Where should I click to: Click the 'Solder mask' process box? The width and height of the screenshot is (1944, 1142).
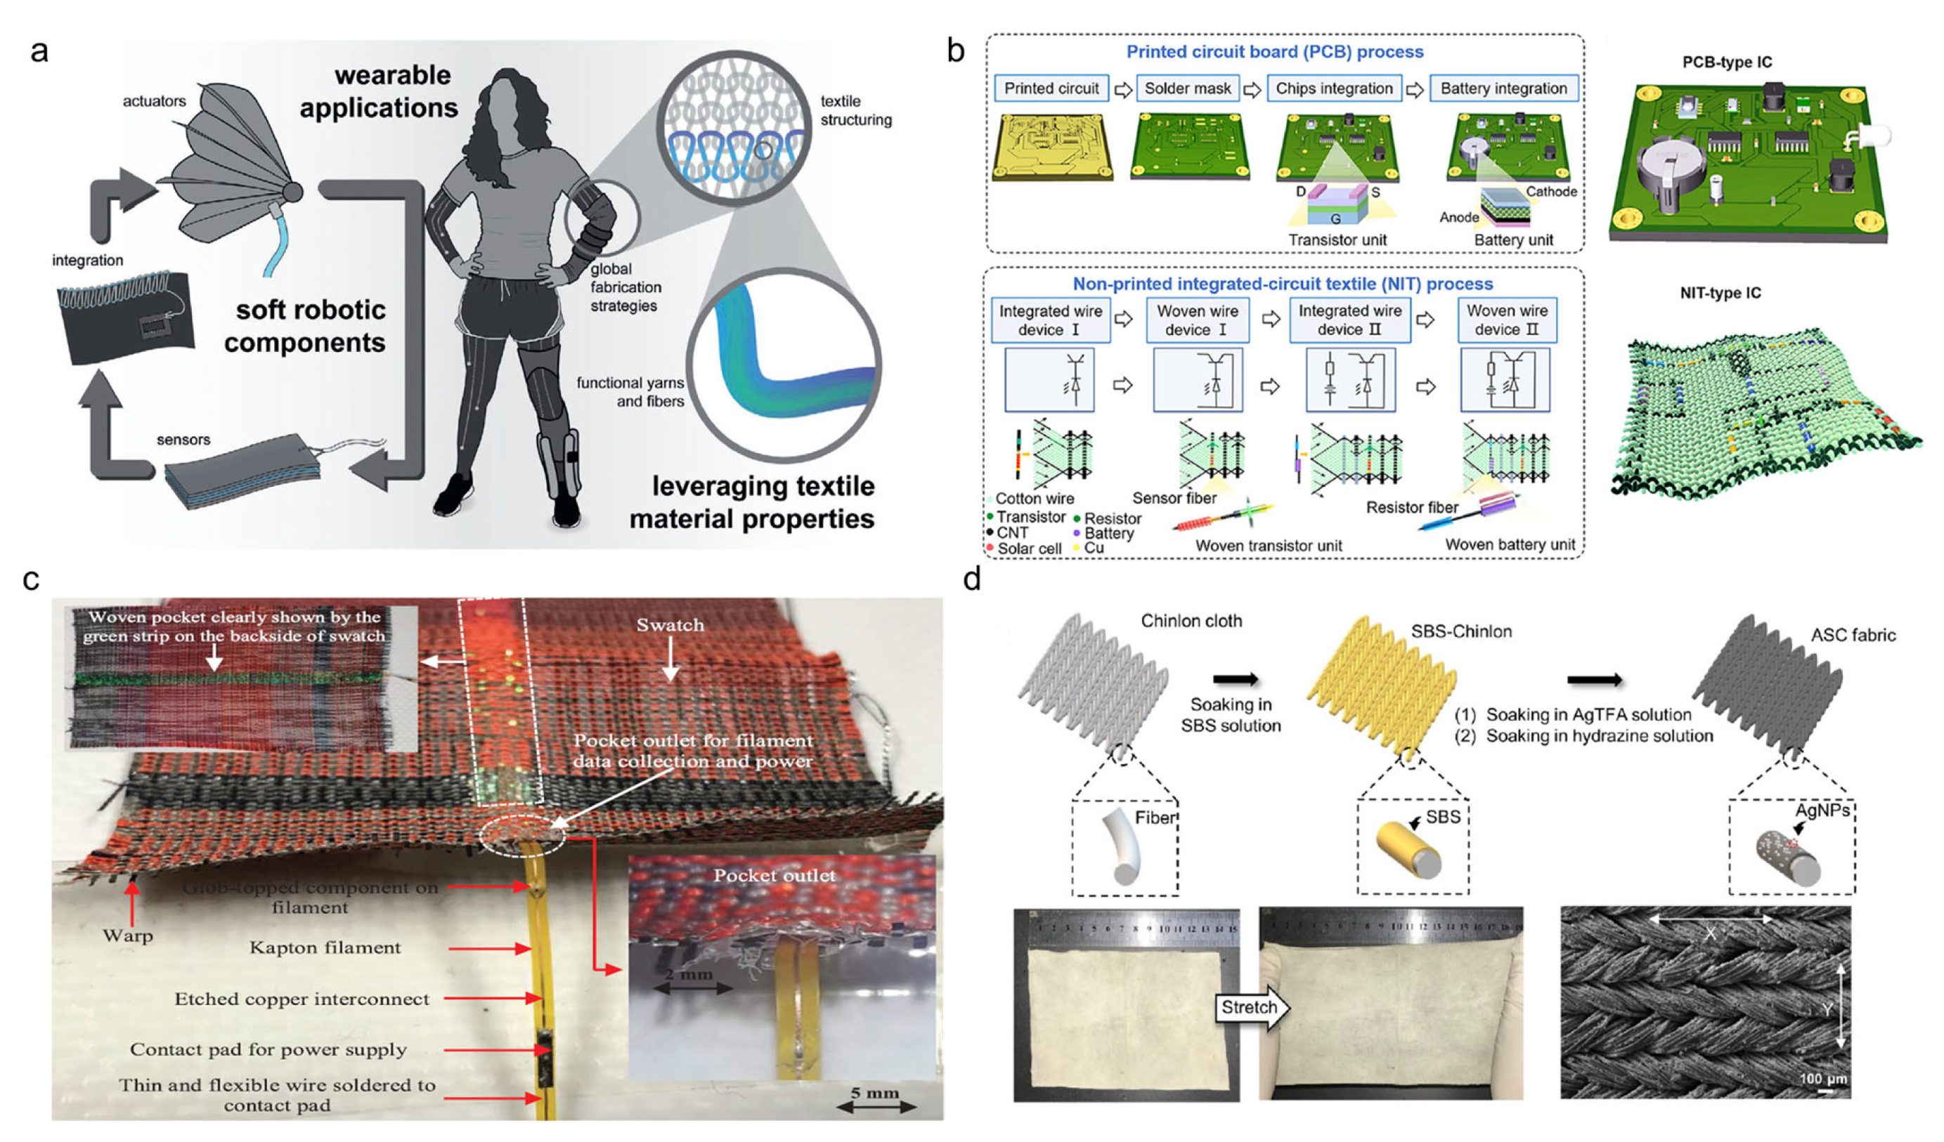1187,88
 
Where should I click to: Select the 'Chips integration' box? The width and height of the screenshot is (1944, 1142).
1334,88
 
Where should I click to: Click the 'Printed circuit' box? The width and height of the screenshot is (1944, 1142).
1051,88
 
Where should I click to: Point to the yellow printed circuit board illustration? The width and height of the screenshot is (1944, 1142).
1052,147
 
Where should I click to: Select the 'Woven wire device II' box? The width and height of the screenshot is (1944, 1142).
1507,320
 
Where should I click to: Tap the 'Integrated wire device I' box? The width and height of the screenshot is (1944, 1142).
1050,320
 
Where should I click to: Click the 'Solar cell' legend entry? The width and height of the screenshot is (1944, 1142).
1028,549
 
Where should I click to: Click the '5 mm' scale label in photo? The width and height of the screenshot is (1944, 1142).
875,1093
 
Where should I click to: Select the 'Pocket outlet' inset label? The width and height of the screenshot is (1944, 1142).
774,875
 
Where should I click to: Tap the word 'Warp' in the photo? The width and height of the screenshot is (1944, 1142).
128,936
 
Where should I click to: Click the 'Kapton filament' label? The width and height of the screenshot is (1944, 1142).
325,947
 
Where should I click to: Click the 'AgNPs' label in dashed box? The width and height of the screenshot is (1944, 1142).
1821,810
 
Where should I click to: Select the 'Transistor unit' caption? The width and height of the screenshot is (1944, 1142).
1337,239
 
